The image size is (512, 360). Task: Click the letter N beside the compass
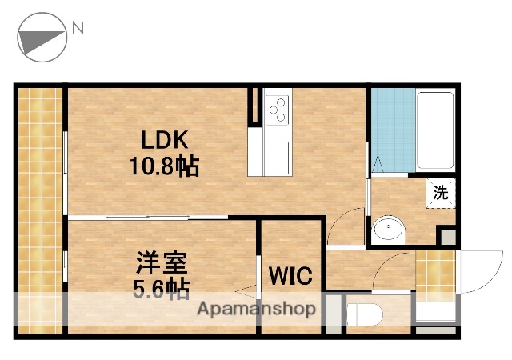tap(78, 29)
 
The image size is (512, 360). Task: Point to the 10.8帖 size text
tap(165, 166)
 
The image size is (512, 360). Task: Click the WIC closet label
tap(291, 276)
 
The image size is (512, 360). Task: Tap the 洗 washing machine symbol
tap(440, 192)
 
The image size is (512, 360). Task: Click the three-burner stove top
tap(278, 109)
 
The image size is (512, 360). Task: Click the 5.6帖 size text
tap(160, 288)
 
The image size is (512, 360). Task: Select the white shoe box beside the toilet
tap(437, 314)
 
